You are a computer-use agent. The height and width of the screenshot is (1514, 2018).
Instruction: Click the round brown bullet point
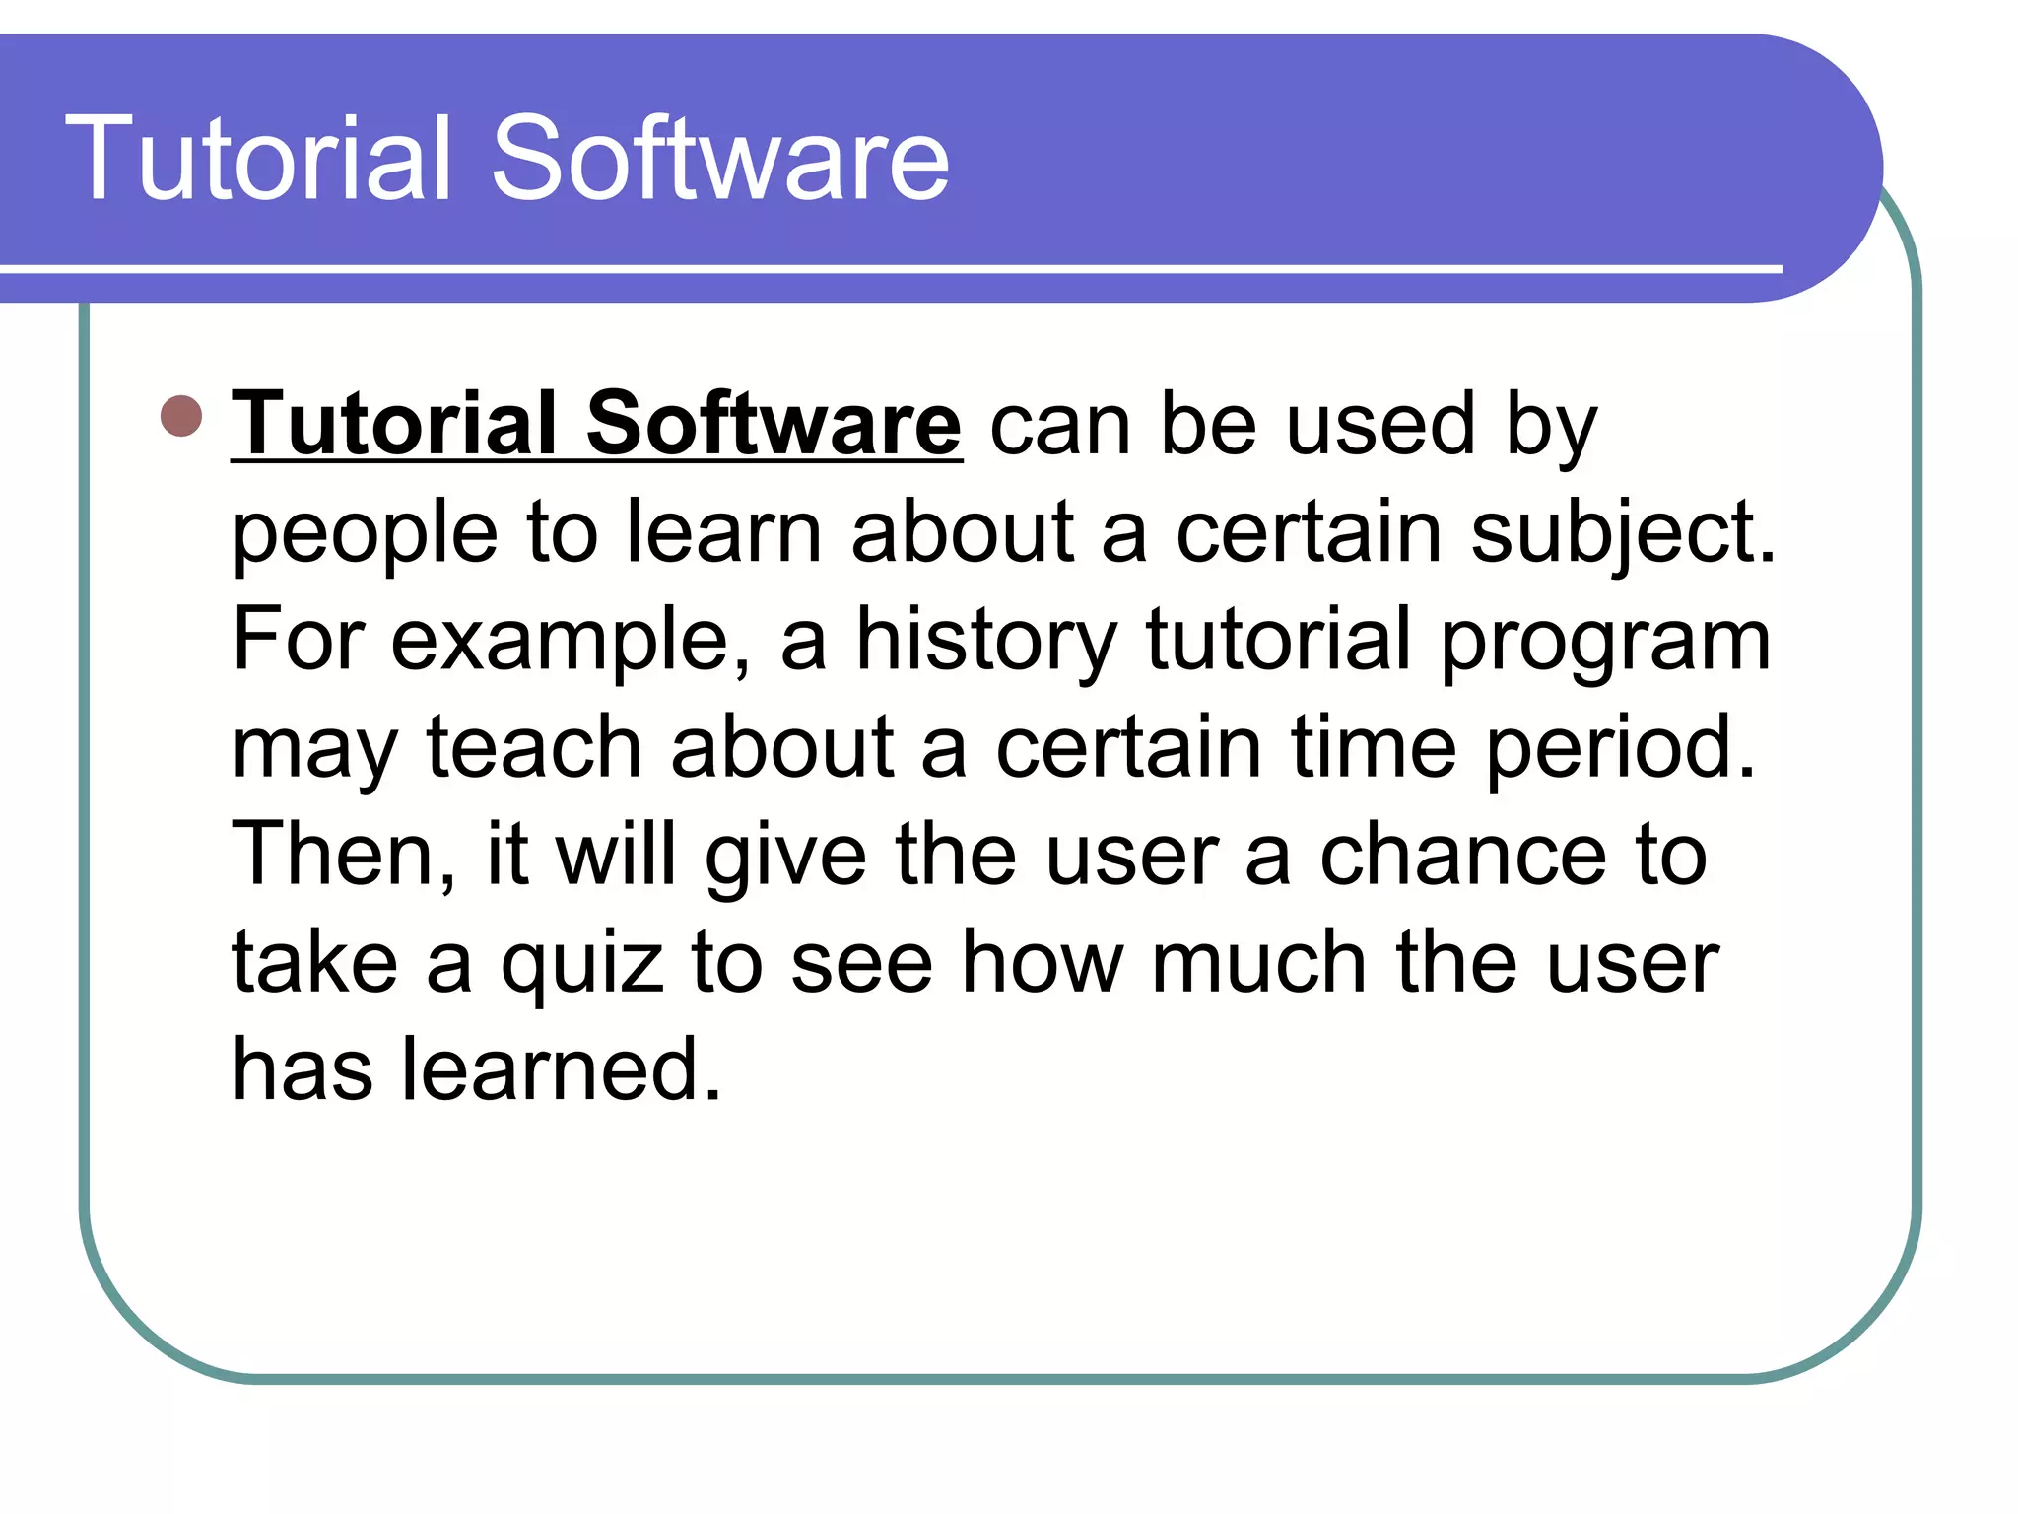pos(181,416)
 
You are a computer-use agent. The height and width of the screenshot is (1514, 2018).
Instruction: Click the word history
pos(986,643)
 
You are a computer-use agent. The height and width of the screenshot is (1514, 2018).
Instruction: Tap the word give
pos(785,858)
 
